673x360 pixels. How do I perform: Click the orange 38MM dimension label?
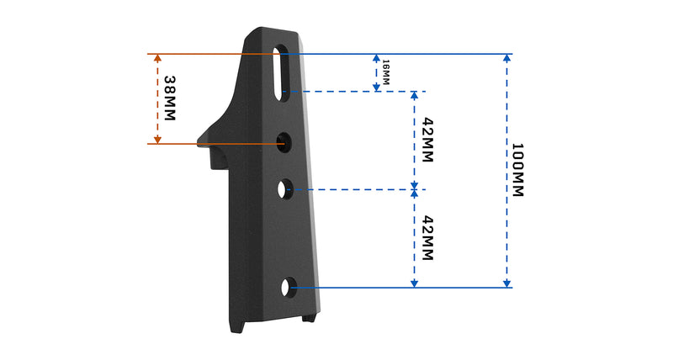click(171, 98)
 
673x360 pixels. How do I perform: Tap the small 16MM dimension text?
click(386, 72)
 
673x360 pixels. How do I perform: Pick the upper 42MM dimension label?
click(427, 140)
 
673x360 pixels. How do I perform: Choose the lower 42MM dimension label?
click(427, 238)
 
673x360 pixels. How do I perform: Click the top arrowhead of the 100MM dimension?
click(506, 59)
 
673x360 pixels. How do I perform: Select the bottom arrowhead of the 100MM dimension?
click(506, 283)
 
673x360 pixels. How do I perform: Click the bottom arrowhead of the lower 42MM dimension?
click(414, 283)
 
